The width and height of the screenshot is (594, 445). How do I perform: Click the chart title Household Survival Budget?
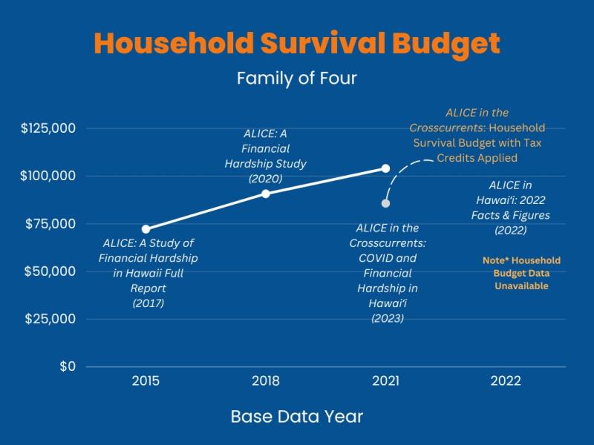[x=297, y=44]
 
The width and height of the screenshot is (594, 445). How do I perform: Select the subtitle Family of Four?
[x=297, y=78]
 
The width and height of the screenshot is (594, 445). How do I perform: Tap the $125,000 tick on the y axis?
[x=48, y=128]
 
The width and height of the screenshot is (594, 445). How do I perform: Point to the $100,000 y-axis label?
[x=48, y=176]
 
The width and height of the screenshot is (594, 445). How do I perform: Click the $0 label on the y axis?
[x=68, y=366]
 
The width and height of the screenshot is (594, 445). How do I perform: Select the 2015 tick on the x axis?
[x=146, y=381]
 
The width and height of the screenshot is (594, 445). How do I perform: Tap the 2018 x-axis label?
[x=266, y=381]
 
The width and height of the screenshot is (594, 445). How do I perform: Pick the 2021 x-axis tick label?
[x=385, y=381]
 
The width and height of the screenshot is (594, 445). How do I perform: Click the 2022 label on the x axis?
[x=506, y=381]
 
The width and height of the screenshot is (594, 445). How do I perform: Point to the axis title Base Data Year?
[x=297, y=417]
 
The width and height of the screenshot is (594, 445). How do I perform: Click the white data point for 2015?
[x=146, y=229]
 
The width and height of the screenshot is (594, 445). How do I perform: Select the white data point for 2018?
[x=266, y=194]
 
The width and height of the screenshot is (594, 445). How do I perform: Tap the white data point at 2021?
[x=385, y=168]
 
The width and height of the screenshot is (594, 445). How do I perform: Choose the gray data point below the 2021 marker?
[x=386, y=203]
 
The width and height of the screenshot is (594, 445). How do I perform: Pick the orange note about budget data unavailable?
[x=521, y=273]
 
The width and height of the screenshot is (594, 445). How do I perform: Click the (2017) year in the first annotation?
[x=148, y=303]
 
